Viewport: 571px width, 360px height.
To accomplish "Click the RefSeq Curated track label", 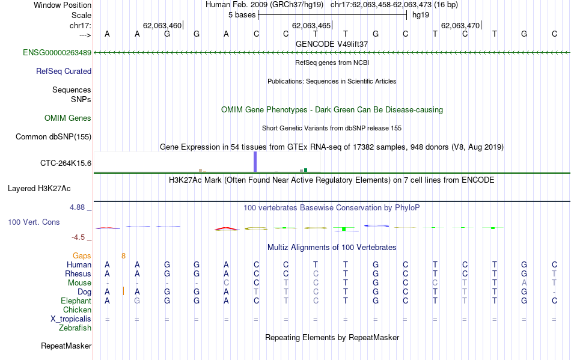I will point(64,71).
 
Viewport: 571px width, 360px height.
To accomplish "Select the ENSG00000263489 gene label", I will point(57,53).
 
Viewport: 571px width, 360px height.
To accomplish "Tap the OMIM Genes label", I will point(68,118).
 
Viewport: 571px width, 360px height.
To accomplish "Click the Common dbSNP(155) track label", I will point(53,136).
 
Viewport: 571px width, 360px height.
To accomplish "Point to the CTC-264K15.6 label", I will point(66,162).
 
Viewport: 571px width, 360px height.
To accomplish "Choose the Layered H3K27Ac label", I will point(39,188).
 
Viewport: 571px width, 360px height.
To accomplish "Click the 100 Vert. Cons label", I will point(34,222).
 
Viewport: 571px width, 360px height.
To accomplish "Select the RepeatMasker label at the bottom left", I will point(66,346).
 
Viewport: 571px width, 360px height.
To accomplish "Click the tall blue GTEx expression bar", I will point(255,162).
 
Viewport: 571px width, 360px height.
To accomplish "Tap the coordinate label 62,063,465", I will point(311,25).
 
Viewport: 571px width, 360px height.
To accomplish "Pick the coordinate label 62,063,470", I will point(460,25).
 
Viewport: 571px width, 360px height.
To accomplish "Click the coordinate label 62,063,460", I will point(162,25).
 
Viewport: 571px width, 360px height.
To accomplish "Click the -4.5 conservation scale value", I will point(78,237).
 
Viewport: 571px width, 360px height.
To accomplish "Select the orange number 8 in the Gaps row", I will point(123,255).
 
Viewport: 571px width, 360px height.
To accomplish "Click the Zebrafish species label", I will point(75,328).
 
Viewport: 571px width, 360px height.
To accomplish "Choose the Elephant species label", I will point(76,301).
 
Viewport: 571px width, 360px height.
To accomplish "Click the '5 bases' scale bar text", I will point(242,14).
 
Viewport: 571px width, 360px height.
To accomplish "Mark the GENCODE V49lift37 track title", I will point(332,44).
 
